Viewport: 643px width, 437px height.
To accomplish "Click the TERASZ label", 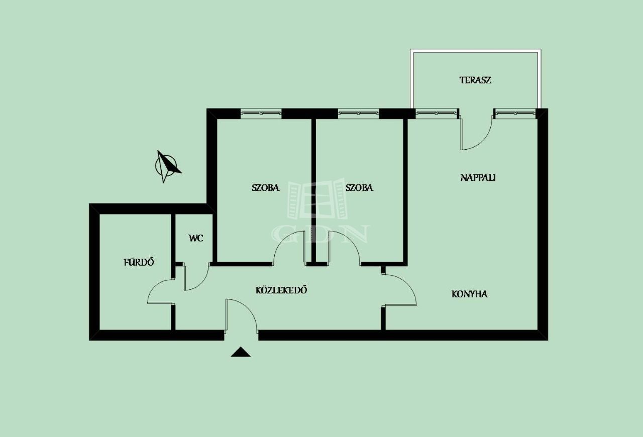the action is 475,80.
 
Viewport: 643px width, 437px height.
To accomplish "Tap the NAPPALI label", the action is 478,178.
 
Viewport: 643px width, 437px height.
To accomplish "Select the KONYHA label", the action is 470,294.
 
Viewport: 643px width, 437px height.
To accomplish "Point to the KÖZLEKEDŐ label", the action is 281,290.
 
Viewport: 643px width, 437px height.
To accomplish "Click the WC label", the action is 196,238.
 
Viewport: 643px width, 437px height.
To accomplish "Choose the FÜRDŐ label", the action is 139,262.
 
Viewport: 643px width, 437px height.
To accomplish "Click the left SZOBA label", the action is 266,187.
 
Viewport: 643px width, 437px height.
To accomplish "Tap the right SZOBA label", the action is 359,187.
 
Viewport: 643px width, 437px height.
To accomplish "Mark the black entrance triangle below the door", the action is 241,352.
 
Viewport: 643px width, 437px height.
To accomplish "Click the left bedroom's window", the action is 261,113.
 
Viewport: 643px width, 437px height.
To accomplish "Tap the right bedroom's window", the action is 359,113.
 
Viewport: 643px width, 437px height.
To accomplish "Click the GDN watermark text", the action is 320,234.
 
